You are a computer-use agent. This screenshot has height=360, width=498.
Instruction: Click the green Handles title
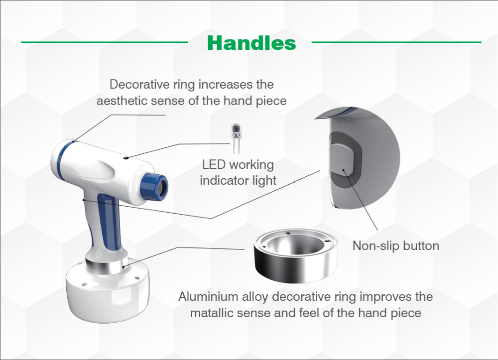point(251,43)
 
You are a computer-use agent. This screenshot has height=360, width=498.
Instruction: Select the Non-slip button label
point(396,245)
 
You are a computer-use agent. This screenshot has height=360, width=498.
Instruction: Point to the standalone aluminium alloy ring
point(295,255)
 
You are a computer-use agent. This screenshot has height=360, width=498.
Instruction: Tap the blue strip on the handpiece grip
point(109,219)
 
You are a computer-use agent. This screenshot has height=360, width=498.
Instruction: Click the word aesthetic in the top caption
point(122,101)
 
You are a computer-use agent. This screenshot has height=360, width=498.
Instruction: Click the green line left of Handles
point(105,42)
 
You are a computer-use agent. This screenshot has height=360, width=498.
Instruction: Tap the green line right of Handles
point(396,42)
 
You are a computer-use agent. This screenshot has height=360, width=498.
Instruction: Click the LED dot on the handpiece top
point(126,157)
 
